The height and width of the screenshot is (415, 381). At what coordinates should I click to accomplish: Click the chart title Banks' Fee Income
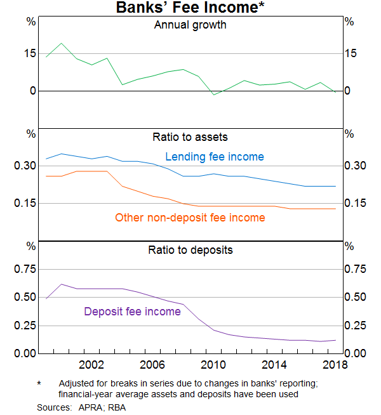[x=190, y=8]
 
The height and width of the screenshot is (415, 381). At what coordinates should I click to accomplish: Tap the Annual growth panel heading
[x=190, y=25]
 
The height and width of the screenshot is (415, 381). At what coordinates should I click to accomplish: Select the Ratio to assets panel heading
[x=190, y=136]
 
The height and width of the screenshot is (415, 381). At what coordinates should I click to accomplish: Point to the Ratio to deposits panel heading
[x=190, y=250]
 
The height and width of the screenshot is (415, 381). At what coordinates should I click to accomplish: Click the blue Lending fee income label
[x=215, y=157]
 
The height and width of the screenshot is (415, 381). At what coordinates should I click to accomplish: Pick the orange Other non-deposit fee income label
[x=190, y=218]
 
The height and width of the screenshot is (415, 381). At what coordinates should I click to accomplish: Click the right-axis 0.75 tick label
[x=356, y=269]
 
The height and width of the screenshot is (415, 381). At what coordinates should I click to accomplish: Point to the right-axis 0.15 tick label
[x=356, y=203]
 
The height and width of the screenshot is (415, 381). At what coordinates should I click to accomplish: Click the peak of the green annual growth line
[x=62, y=43]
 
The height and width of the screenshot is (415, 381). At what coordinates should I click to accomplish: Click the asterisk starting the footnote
[x=39, y=384]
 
